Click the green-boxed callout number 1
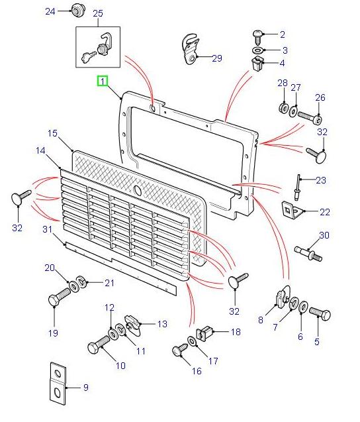point(102,81)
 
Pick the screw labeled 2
point(257,34)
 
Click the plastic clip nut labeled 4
point(257,65)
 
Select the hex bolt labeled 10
point(97,347)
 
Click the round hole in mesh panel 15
point(137,190)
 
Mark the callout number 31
point(47,229)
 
